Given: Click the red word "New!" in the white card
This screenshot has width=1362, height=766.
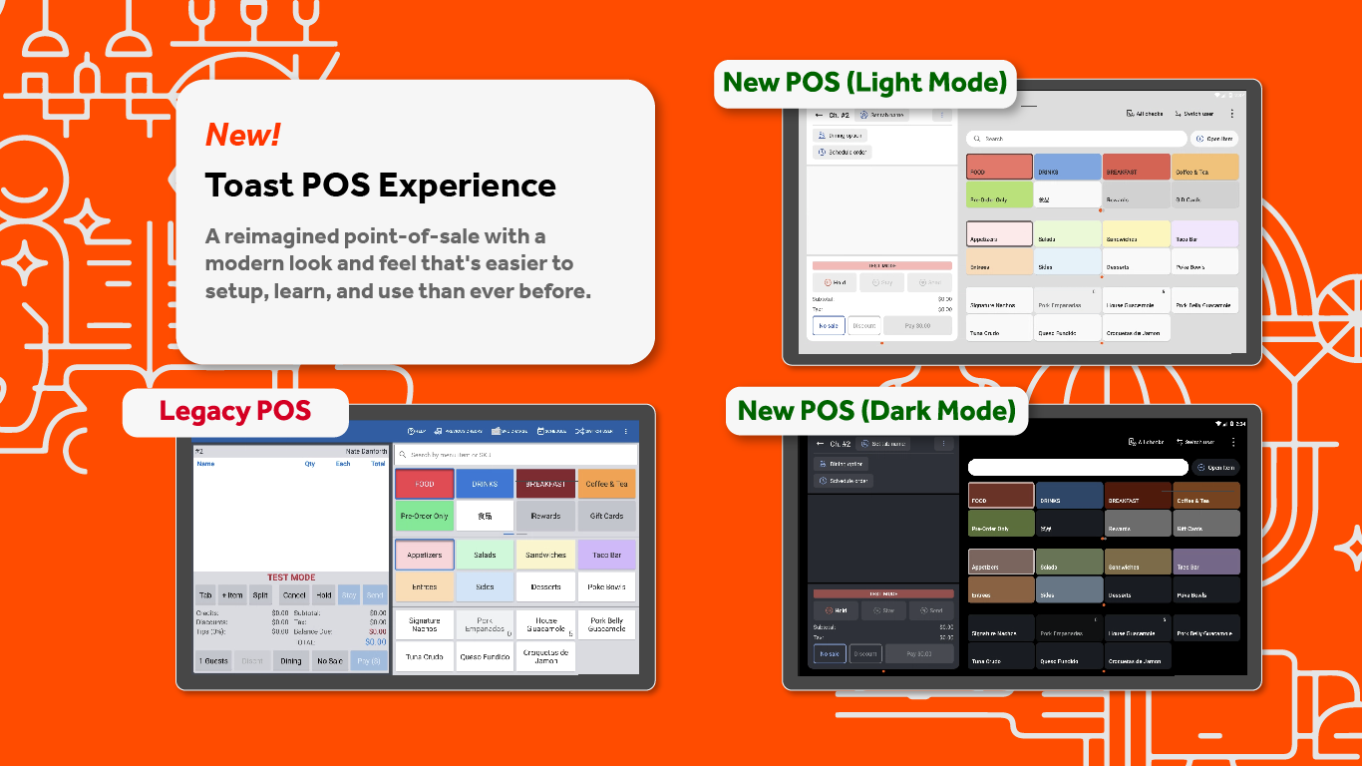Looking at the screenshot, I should point(242,135).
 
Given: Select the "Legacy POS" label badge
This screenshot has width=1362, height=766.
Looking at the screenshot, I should point(235,411).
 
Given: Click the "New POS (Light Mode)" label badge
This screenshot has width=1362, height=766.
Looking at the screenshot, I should point(864,83).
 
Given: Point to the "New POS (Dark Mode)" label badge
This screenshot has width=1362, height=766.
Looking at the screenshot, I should point(876,410).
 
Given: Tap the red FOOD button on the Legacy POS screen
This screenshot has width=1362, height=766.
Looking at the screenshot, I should point(425,484).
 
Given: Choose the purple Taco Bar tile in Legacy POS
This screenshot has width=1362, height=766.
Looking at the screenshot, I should point(606,555).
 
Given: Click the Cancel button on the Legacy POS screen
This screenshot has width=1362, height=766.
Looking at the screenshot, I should point(294,595).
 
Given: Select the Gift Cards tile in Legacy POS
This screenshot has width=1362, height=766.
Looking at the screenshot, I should point(606,516).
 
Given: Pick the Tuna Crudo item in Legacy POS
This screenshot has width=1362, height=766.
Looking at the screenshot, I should point(425,656).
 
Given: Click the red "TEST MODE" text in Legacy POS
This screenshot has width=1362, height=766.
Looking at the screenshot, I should point(290,577).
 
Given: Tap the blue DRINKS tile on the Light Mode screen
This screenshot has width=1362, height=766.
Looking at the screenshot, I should point(1067,167).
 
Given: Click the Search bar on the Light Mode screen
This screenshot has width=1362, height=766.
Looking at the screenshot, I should point(1077,139).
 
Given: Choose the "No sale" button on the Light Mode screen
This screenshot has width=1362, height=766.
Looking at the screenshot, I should point(829,325).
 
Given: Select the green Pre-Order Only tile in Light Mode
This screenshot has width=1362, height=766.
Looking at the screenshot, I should point(999,194).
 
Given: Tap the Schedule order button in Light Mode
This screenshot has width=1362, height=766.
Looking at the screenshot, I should point(843,153).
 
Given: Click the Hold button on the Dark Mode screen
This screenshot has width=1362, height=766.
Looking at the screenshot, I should point(836,610).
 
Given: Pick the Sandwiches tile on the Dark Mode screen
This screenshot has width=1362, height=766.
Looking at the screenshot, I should point(1138,562).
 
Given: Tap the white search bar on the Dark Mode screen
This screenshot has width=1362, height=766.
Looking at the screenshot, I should point(1078,467).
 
